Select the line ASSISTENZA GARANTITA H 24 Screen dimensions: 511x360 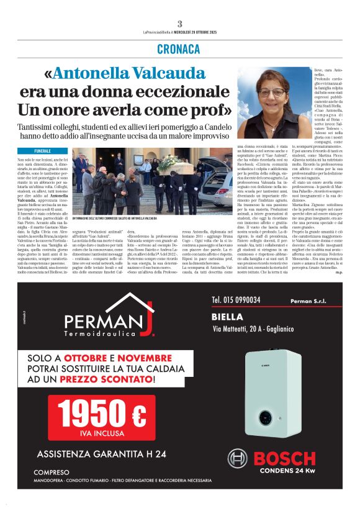coord(101,453)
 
